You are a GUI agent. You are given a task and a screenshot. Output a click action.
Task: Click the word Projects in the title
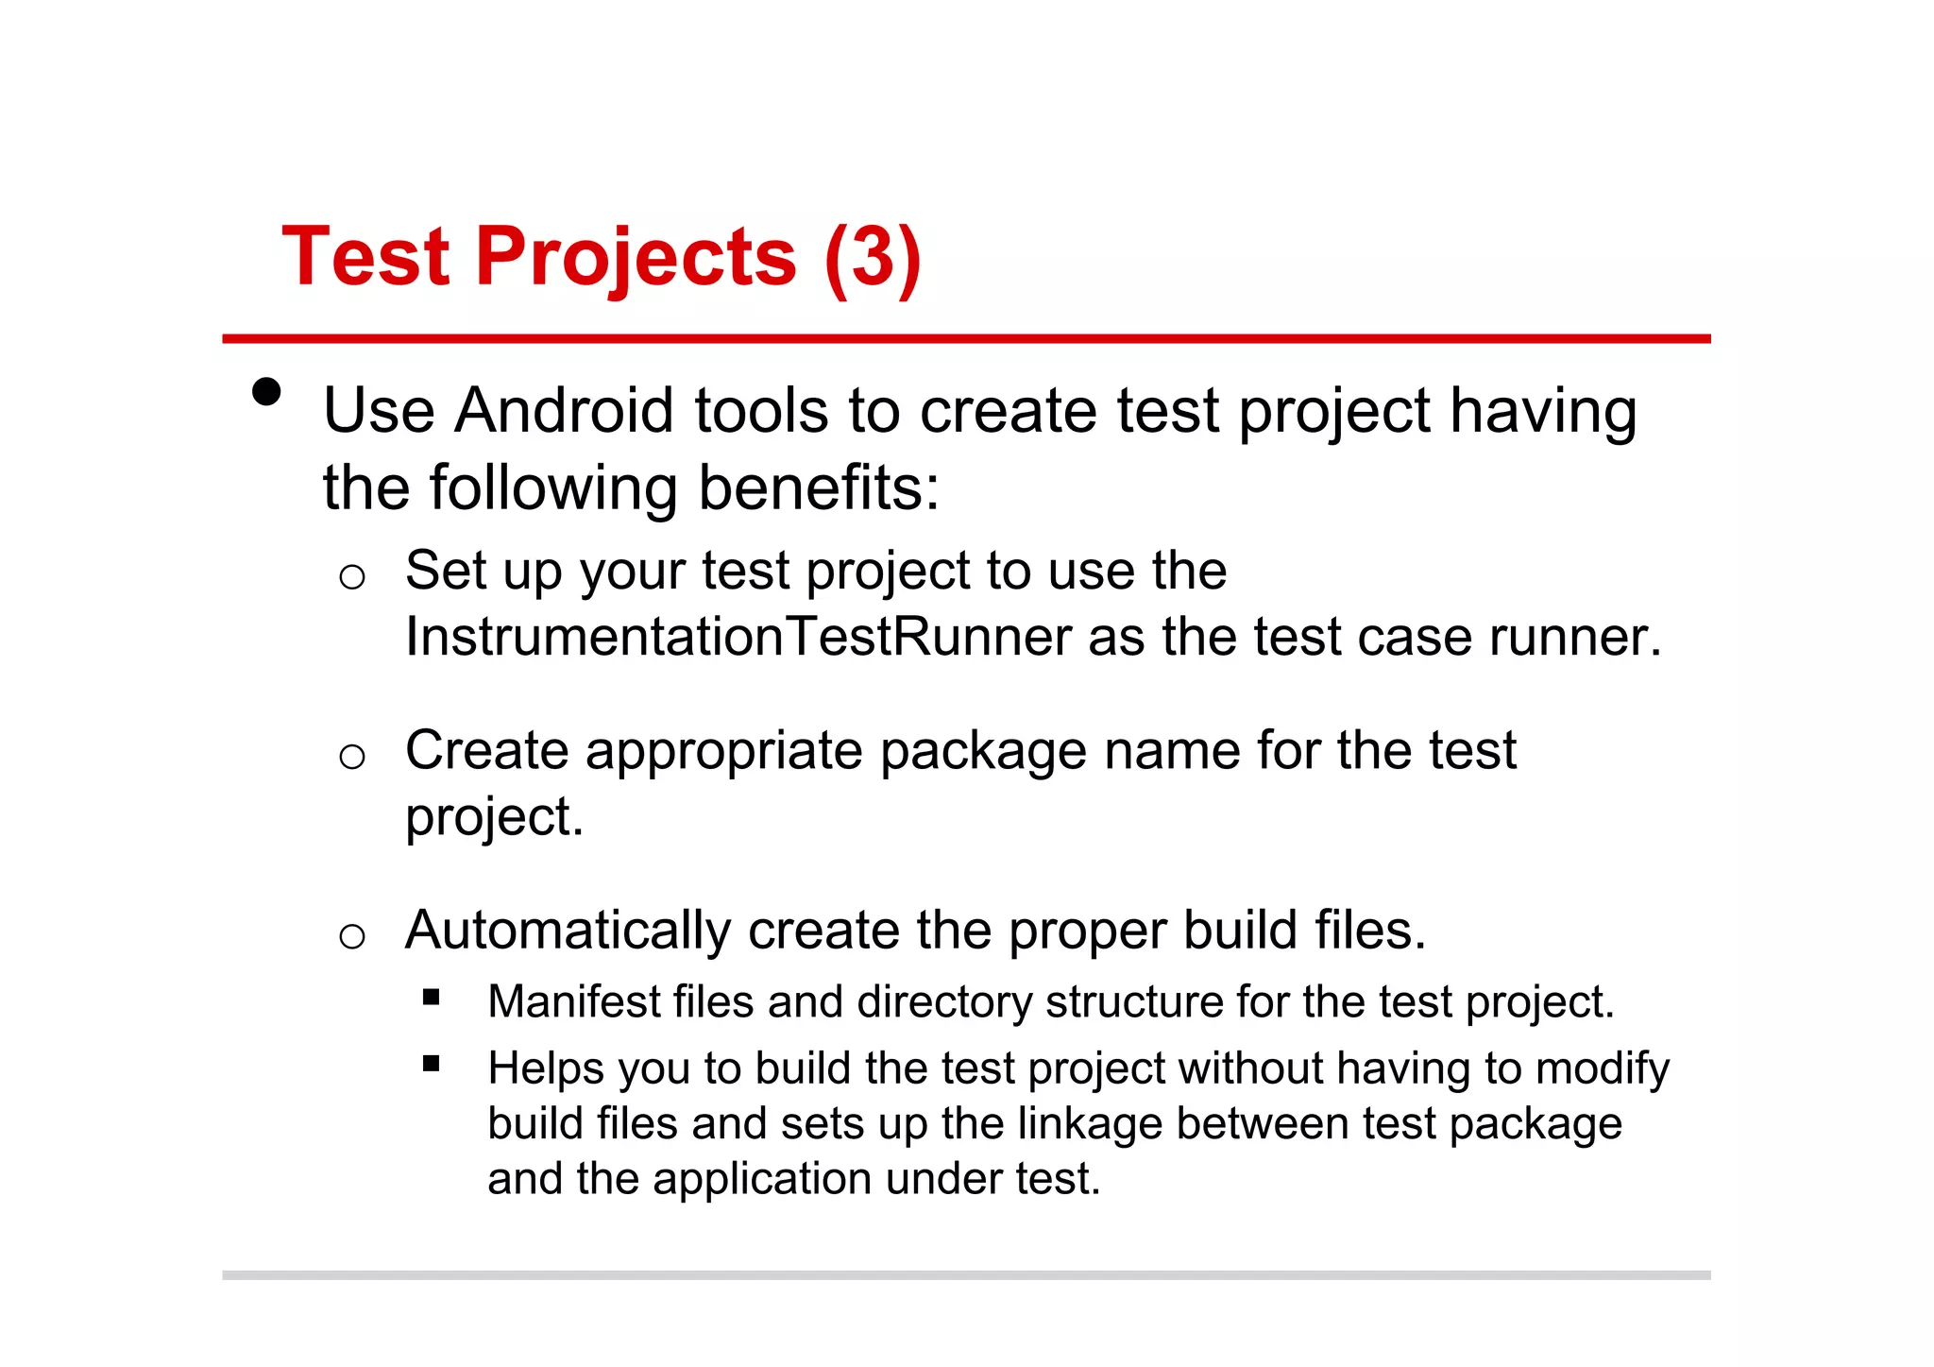pyautogui.click(x=636, y=257)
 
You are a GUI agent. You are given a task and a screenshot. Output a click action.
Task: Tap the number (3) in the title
pyautogui.click(x=872, y=257)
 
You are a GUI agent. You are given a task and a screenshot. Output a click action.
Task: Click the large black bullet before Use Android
pyautogui.click(x=267, y=392)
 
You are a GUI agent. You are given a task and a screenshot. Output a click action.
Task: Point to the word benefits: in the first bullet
pyautogui.click(x=819, y=488)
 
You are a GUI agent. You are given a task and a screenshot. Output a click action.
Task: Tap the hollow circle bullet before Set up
pyautogui.click(x=352, y=576)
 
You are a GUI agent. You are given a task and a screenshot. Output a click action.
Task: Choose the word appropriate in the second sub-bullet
pyautogui.click(x=724, y=751)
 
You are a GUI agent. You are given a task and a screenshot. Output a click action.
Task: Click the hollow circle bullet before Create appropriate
pyautogui.click(x=352, y=756)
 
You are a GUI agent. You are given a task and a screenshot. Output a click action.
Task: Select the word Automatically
pyautogui.click(x=568, y=931)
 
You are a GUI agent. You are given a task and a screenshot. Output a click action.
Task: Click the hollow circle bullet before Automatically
pyautogui.click(x=352, y=936)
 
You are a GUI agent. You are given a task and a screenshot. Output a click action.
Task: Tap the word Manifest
pyautogui.click(x=572, y=1001)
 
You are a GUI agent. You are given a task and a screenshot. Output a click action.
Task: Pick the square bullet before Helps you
pyautogui.click(x=432, y=1064)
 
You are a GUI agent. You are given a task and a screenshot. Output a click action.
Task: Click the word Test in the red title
pyautogui.click(x=366, y=257)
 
